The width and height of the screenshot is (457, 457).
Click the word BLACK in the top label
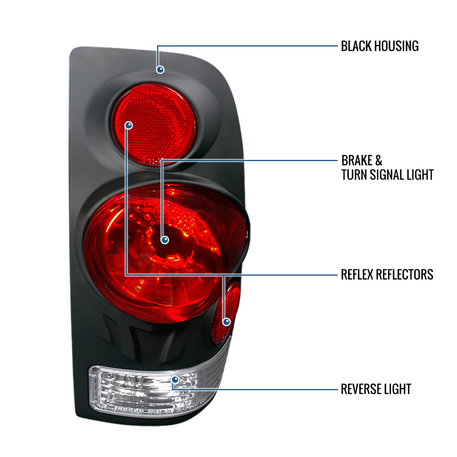pyautogui.click(x=356, y=46)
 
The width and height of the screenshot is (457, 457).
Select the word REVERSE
pyautogui.click(x=360, y=389)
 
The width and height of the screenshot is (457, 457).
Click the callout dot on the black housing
pyautogui.click(x=160, y=69)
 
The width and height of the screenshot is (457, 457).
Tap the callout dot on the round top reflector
pyautogui.click(x=129, y=125)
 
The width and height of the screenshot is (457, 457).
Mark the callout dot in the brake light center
pyautogui.click(x=165, y=240)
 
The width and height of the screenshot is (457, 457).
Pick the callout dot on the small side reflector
pyautogui.click(x=227, y=322)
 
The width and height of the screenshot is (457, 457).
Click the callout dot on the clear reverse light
pyautogui.click(x=175, y=379)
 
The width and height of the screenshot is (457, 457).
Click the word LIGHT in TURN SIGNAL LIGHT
pyautogui.click(x=419, y=175)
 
